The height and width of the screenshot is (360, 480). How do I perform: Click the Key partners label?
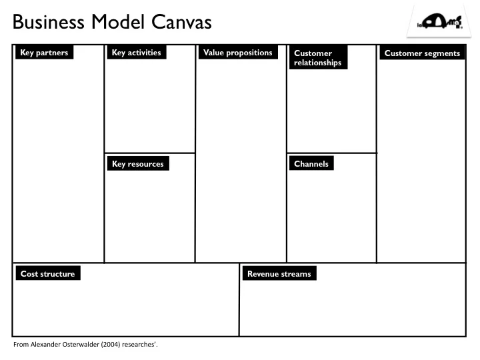coord(44,53)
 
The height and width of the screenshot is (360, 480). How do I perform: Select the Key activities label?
coord(136,53)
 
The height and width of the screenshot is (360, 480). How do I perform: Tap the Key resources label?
coord(137,164)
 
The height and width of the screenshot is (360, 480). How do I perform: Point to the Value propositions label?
coord(237,53)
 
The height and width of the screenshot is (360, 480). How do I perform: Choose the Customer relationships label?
coord(317,58)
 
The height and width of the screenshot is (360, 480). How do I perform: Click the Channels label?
coord(311,163)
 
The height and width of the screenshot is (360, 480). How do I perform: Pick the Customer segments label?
coord(422,53)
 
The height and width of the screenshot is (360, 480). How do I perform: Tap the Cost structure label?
coord(47,273)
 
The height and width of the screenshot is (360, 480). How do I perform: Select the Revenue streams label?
coord(279,273)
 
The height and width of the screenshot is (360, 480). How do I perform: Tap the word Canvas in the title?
coord(182,23)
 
